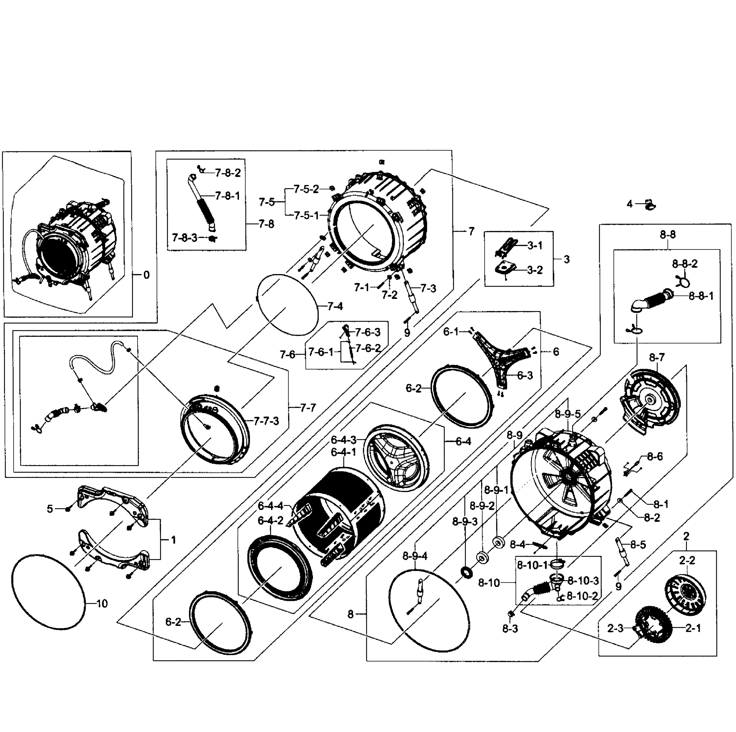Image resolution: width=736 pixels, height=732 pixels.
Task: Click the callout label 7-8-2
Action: click(x=228, y=173)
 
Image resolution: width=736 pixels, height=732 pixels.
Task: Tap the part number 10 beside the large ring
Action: click(x=102, y=604)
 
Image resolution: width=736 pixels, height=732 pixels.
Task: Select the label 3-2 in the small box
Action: click(x=534, y=270)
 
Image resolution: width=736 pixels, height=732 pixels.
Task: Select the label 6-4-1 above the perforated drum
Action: click(x=343, y=452)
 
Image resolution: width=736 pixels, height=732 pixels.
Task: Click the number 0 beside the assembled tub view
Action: click(x=147, y=275)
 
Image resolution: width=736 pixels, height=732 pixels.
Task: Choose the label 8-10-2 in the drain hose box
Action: click(x=582, y=596)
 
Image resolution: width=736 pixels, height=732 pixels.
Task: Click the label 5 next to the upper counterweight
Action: click(x=50, y=509)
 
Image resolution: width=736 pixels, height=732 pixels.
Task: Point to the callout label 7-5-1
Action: click(x=306, y=215)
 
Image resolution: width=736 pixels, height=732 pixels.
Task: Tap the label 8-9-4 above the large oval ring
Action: click(x=415, y=556)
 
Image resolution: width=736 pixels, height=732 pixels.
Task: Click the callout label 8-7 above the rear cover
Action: click(x=657, y=357)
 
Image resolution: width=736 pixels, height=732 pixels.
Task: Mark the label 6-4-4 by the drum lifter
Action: click(x=270, y=506)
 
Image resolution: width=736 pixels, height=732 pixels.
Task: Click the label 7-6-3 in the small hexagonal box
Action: click(x=368, y=332)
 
